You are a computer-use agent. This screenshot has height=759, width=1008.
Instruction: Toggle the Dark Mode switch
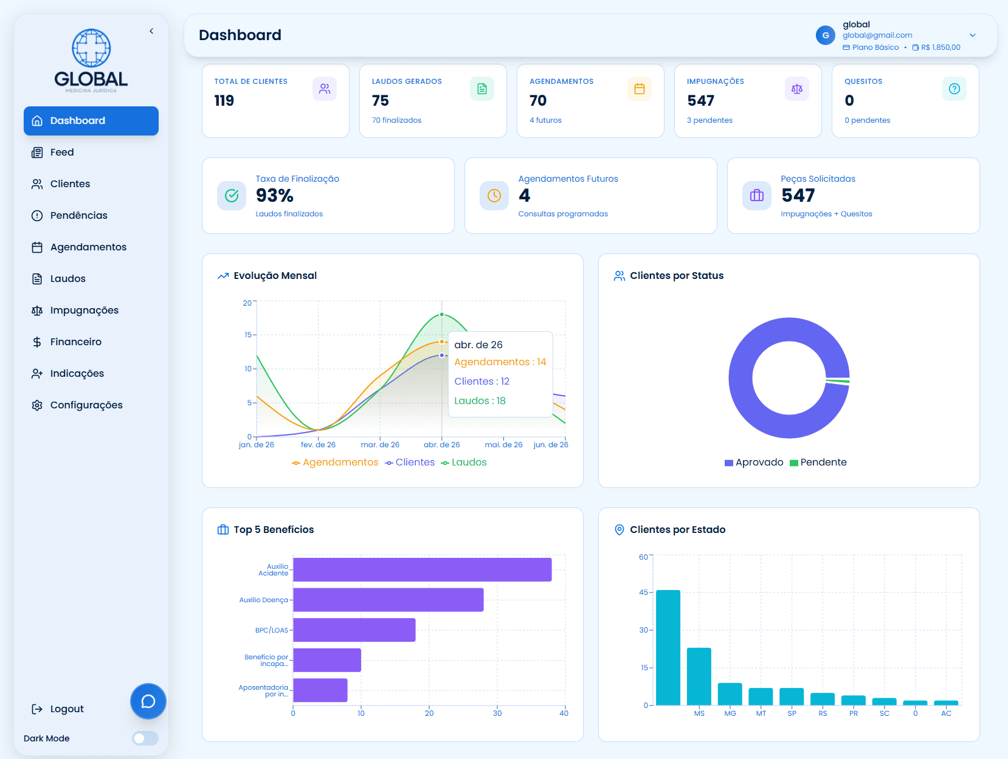[145, 738]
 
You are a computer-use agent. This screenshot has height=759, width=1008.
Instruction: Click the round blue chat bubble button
[148, 701]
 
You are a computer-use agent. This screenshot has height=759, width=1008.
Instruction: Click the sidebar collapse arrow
[151, 31]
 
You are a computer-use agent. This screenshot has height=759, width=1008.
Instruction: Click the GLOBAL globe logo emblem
[91, 48]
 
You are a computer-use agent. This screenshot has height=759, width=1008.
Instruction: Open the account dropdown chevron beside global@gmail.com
[973, 35]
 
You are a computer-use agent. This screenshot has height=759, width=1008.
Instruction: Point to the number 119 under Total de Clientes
[224, 100]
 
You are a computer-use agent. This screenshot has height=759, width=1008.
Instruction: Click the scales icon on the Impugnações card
[797, 89]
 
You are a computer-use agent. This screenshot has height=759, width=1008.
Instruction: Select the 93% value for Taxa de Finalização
[275, 196]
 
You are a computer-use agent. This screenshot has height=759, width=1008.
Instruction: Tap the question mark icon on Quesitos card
[954, 89]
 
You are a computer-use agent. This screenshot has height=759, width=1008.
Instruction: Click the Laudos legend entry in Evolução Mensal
[464, 462]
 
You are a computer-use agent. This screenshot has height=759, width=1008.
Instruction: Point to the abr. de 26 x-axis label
[442, 445]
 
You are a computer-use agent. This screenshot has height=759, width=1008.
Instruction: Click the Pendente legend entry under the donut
[818, 462]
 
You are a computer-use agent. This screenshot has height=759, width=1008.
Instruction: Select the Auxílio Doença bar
[388, 600]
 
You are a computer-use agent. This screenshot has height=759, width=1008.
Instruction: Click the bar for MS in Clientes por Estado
[699, 676]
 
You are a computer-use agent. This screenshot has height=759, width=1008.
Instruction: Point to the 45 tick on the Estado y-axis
[643, 592]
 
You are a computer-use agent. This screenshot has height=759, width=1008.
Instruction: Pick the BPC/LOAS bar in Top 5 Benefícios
[354, 630]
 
